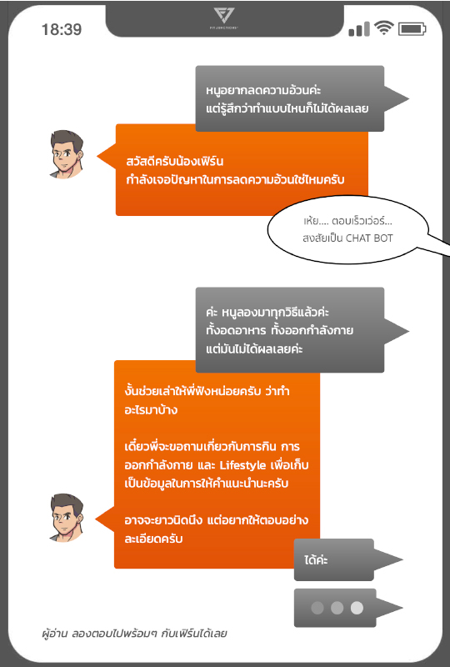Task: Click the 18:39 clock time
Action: [61, 29]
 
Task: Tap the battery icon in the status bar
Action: [412, 29]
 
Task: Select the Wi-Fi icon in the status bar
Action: [383, 28]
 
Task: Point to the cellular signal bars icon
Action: [359, 29]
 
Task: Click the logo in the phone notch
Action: [223, 16]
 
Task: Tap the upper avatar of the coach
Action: [67, 154]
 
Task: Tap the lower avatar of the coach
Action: [67, 518]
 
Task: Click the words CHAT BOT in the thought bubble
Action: [369, 238]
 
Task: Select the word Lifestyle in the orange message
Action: [242, 465]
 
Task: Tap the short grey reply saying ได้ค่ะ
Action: [316, 559]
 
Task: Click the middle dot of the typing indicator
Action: [337, 608]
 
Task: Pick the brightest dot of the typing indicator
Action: [357, 608]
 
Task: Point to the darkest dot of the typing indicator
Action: [317, 608]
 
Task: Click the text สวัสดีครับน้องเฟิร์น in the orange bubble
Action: [175, 161]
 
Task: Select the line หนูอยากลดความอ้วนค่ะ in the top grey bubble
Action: [263, 90]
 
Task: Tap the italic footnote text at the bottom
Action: [134, 634]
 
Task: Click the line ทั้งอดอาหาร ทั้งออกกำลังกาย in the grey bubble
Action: [279, 330]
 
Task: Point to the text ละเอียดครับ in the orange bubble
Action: [153, 539]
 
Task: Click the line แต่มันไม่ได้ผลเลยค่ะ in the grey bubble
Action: [254, 349]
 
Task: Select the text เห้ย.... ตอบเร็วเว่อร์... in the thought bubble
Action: [347, 221]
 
